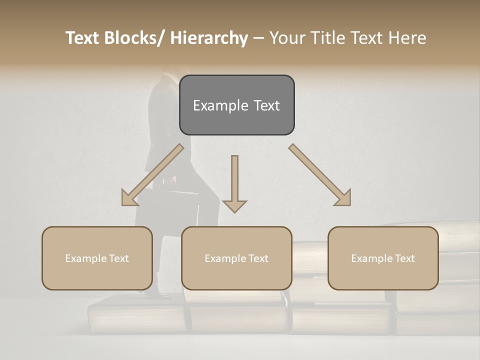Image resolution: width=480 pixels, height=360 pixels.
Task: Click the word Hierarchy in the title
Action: point(209,38)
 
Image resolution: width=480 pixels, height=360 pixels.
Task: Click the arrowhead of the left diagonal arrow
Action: point(129,198)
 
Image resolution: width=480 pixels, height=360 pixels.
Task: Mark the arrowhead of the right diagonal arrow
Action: point(343,198)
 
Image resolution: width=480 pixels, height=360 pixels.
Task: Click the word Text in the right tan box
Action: point(404,258)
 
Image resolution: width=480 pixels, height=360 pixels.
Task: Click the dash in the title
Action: point(258,38)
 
